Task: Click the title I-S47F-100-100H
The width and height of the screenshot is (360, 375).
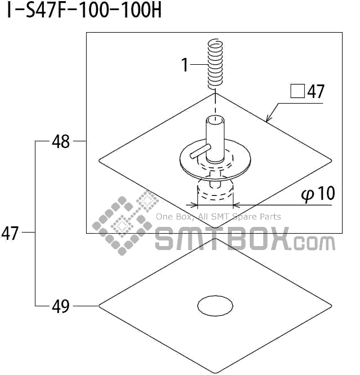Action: pyautogui.click(x=84, y=10)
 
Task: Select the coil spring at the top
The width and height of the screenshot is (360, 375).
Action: pyautogui.click(x=215, y=64)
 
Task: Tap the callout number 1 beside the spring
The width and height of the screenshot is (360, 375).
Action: pyautogui.click(x=185, y=65)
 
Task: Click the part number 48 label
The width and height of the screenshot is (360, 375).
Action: pyautogui.click(x=61, y=141)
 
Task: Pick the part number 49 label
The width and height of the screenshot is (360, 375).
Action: pyautogui.click(x=61, y=306)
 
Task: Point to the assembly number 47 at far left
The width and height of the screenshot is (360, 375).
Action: pyautogui.click(x=10, y=233)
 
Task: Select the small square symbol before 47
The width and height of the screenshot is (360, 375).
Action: pyautogui.click(x=298, y=91)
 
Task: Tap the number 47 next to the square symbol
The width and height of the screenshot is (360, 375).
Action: pyautogui.click(x=316, y=91)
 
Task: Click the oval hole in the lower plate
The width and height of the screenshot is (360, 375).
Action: pyautogui.click(x=215, y=305)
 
